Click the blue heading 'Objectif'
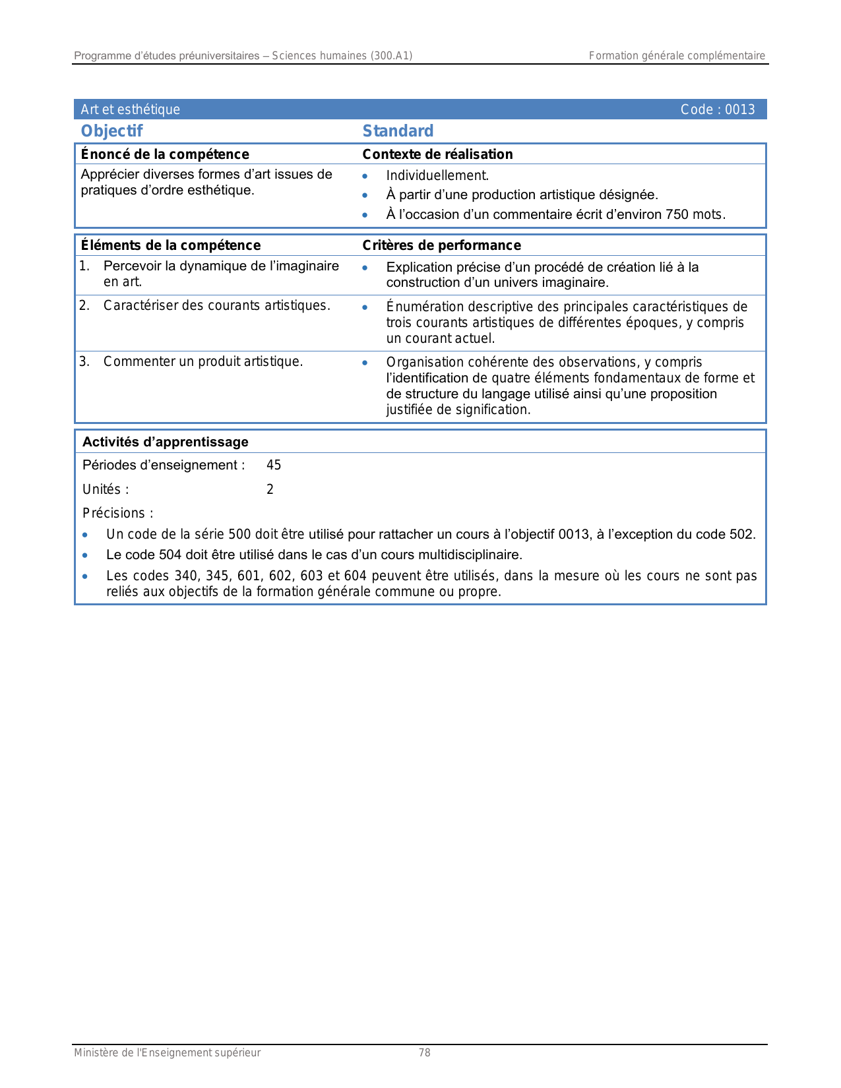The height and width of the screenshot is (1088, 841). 111,131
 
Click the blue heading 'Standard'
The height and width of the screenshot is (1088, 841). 398,131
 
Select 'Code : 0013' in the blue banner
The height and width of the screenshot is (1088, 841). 718,109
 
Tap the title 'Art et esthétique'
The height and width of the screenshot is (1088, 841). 130,109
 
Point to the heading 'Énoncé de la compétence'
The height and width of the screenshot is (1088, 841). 165,154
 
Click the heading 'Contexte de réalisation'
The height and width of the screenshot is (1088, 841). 437,154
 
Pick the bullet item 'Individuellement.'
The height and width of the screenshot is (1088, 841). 437,175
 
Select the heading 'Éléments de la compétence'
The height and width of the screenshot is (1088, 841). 171,245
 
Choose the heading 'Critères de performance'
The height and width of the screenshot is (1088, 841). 441,245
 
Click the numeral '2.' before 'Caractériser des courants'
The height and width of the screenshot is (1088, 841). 84,305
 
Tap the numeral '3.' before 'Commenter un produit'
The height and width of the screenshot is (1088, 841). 84,361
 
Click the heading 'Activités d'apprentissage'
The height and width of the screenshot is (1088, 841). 166,442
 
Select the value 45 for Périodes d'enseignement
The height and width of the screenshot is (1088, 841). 274,465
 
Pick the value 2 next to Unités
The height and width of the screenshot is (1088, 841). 270,489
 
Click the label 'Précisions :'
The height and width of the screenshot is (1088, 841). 118,513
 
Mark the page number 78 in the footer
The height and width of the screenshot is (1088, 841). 425,1053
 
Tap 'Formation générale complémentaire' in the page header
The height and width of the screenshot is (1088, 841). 677,56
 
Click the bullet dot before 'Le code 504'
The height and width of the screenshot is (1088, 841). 85,555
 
